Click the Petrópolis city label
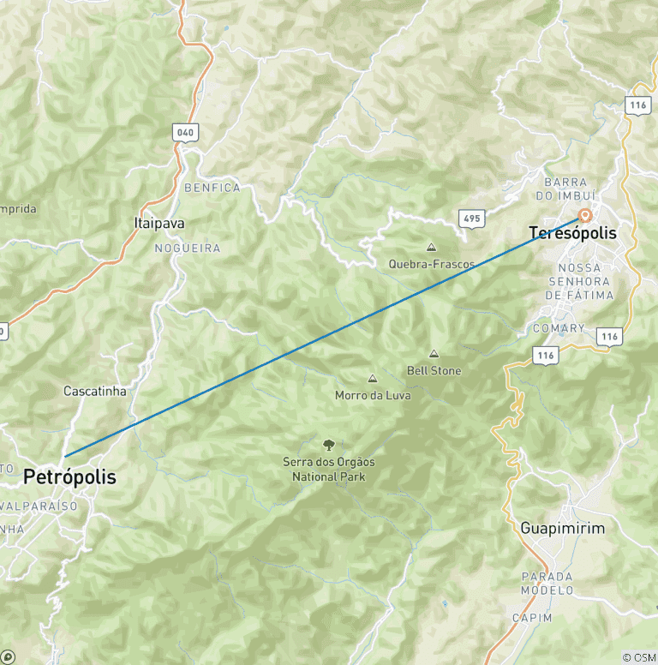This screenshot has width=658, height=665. tap(69, 477)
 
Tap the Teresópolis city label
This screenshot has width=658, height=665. tap(572, 233)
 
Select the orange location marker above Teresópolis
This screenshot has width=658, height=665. tap(585, 215)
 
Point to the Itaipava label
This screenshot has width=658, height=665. tap(159, 223)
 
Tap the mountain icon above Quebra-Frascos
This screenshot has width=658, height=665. tap(431, 247)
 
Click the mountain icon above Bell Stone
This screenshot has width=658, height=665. tap(434, 353)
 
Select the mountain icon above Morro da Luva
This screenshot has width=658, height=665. tap(373, 378)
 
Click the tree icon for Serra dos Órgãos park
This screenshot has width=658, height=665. tap(328, 444)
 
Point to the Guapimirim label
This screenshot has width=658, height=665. tap(562, 529)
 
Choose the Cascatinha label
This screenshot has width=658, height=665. tap(95, 391)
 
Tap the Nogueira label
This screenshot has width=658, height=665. tap(187, 249)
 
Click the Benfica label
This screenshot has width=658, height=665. tap(212, 188)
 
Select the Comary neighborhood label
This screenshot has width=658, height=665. tap(559, 328)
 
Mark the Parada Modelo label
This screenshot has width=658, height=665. tap(547, 584)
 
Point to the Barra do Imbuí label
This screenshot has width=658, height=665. tap(571, 189)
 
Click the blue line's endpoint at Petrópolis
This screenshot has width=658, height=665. tap(64, 456)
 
